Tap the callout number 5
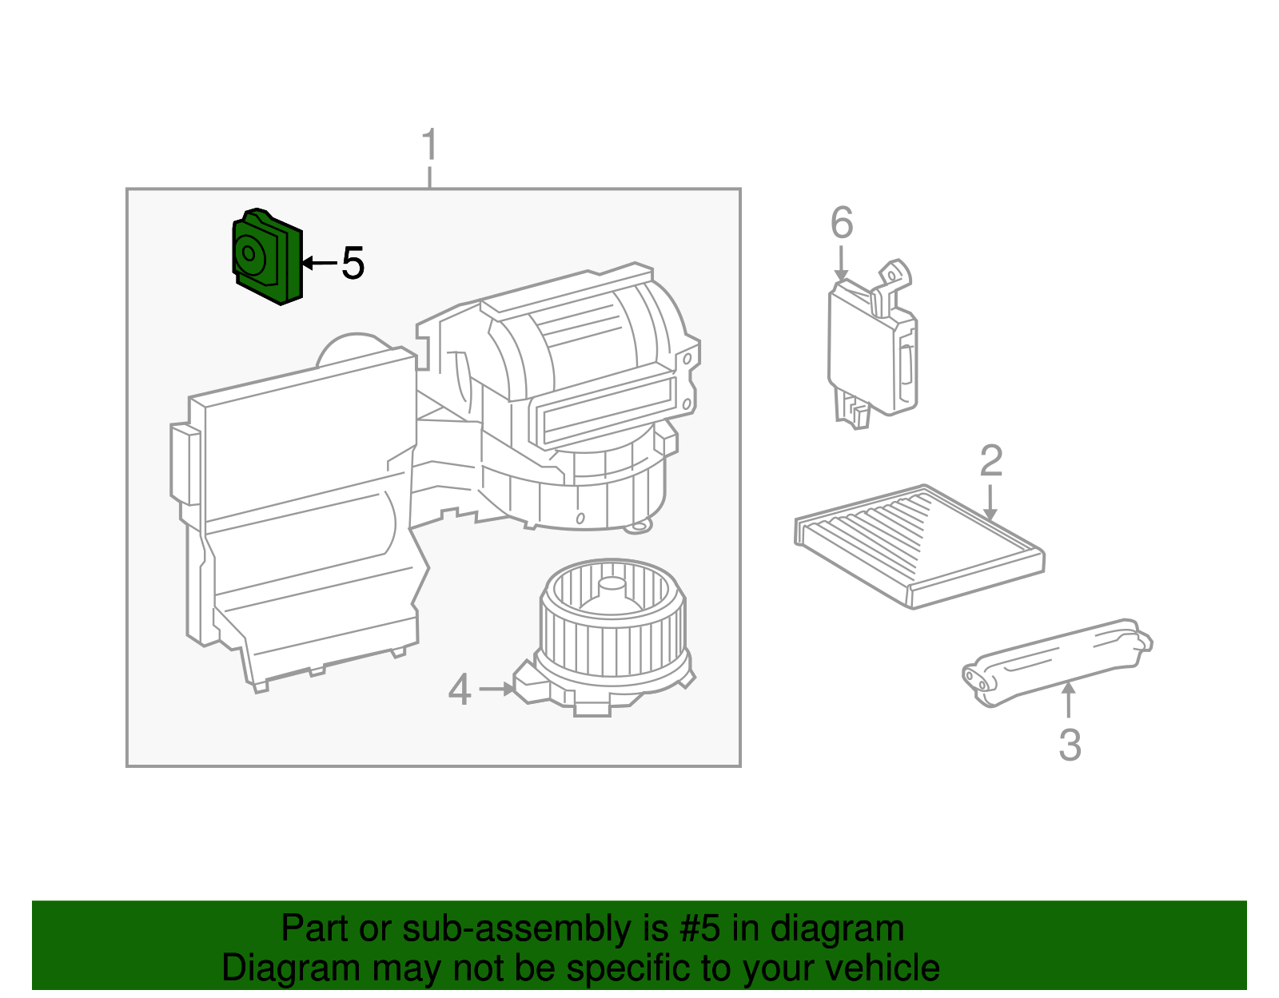pyautogui.click(x=353, y=264)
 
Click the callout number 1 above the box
pyautogui.click(x=430, y=145)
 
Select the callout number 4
pyautogui.click(x=459, y=690)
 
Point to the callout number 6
pyautogui.click(x=842, y=223)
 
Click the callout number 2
pyautogui.click(x=991, y=461)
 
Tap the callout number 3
pyautogui.click(x=1070, y=745)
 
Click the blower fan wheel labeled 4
pyautogui.click(x=612, y=631)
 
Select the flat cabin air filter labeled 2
pyautogui.click(x=919, y=545)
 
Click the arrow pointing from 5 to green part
pyautogui.click(x=318, y=263)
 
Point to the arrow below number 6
pyautogui.click(x=841, y=264)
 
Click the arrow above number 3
pyautogui.click(x=1068, y=699)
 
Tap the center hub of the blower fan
pyautogui.click(x=612, y=590)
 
